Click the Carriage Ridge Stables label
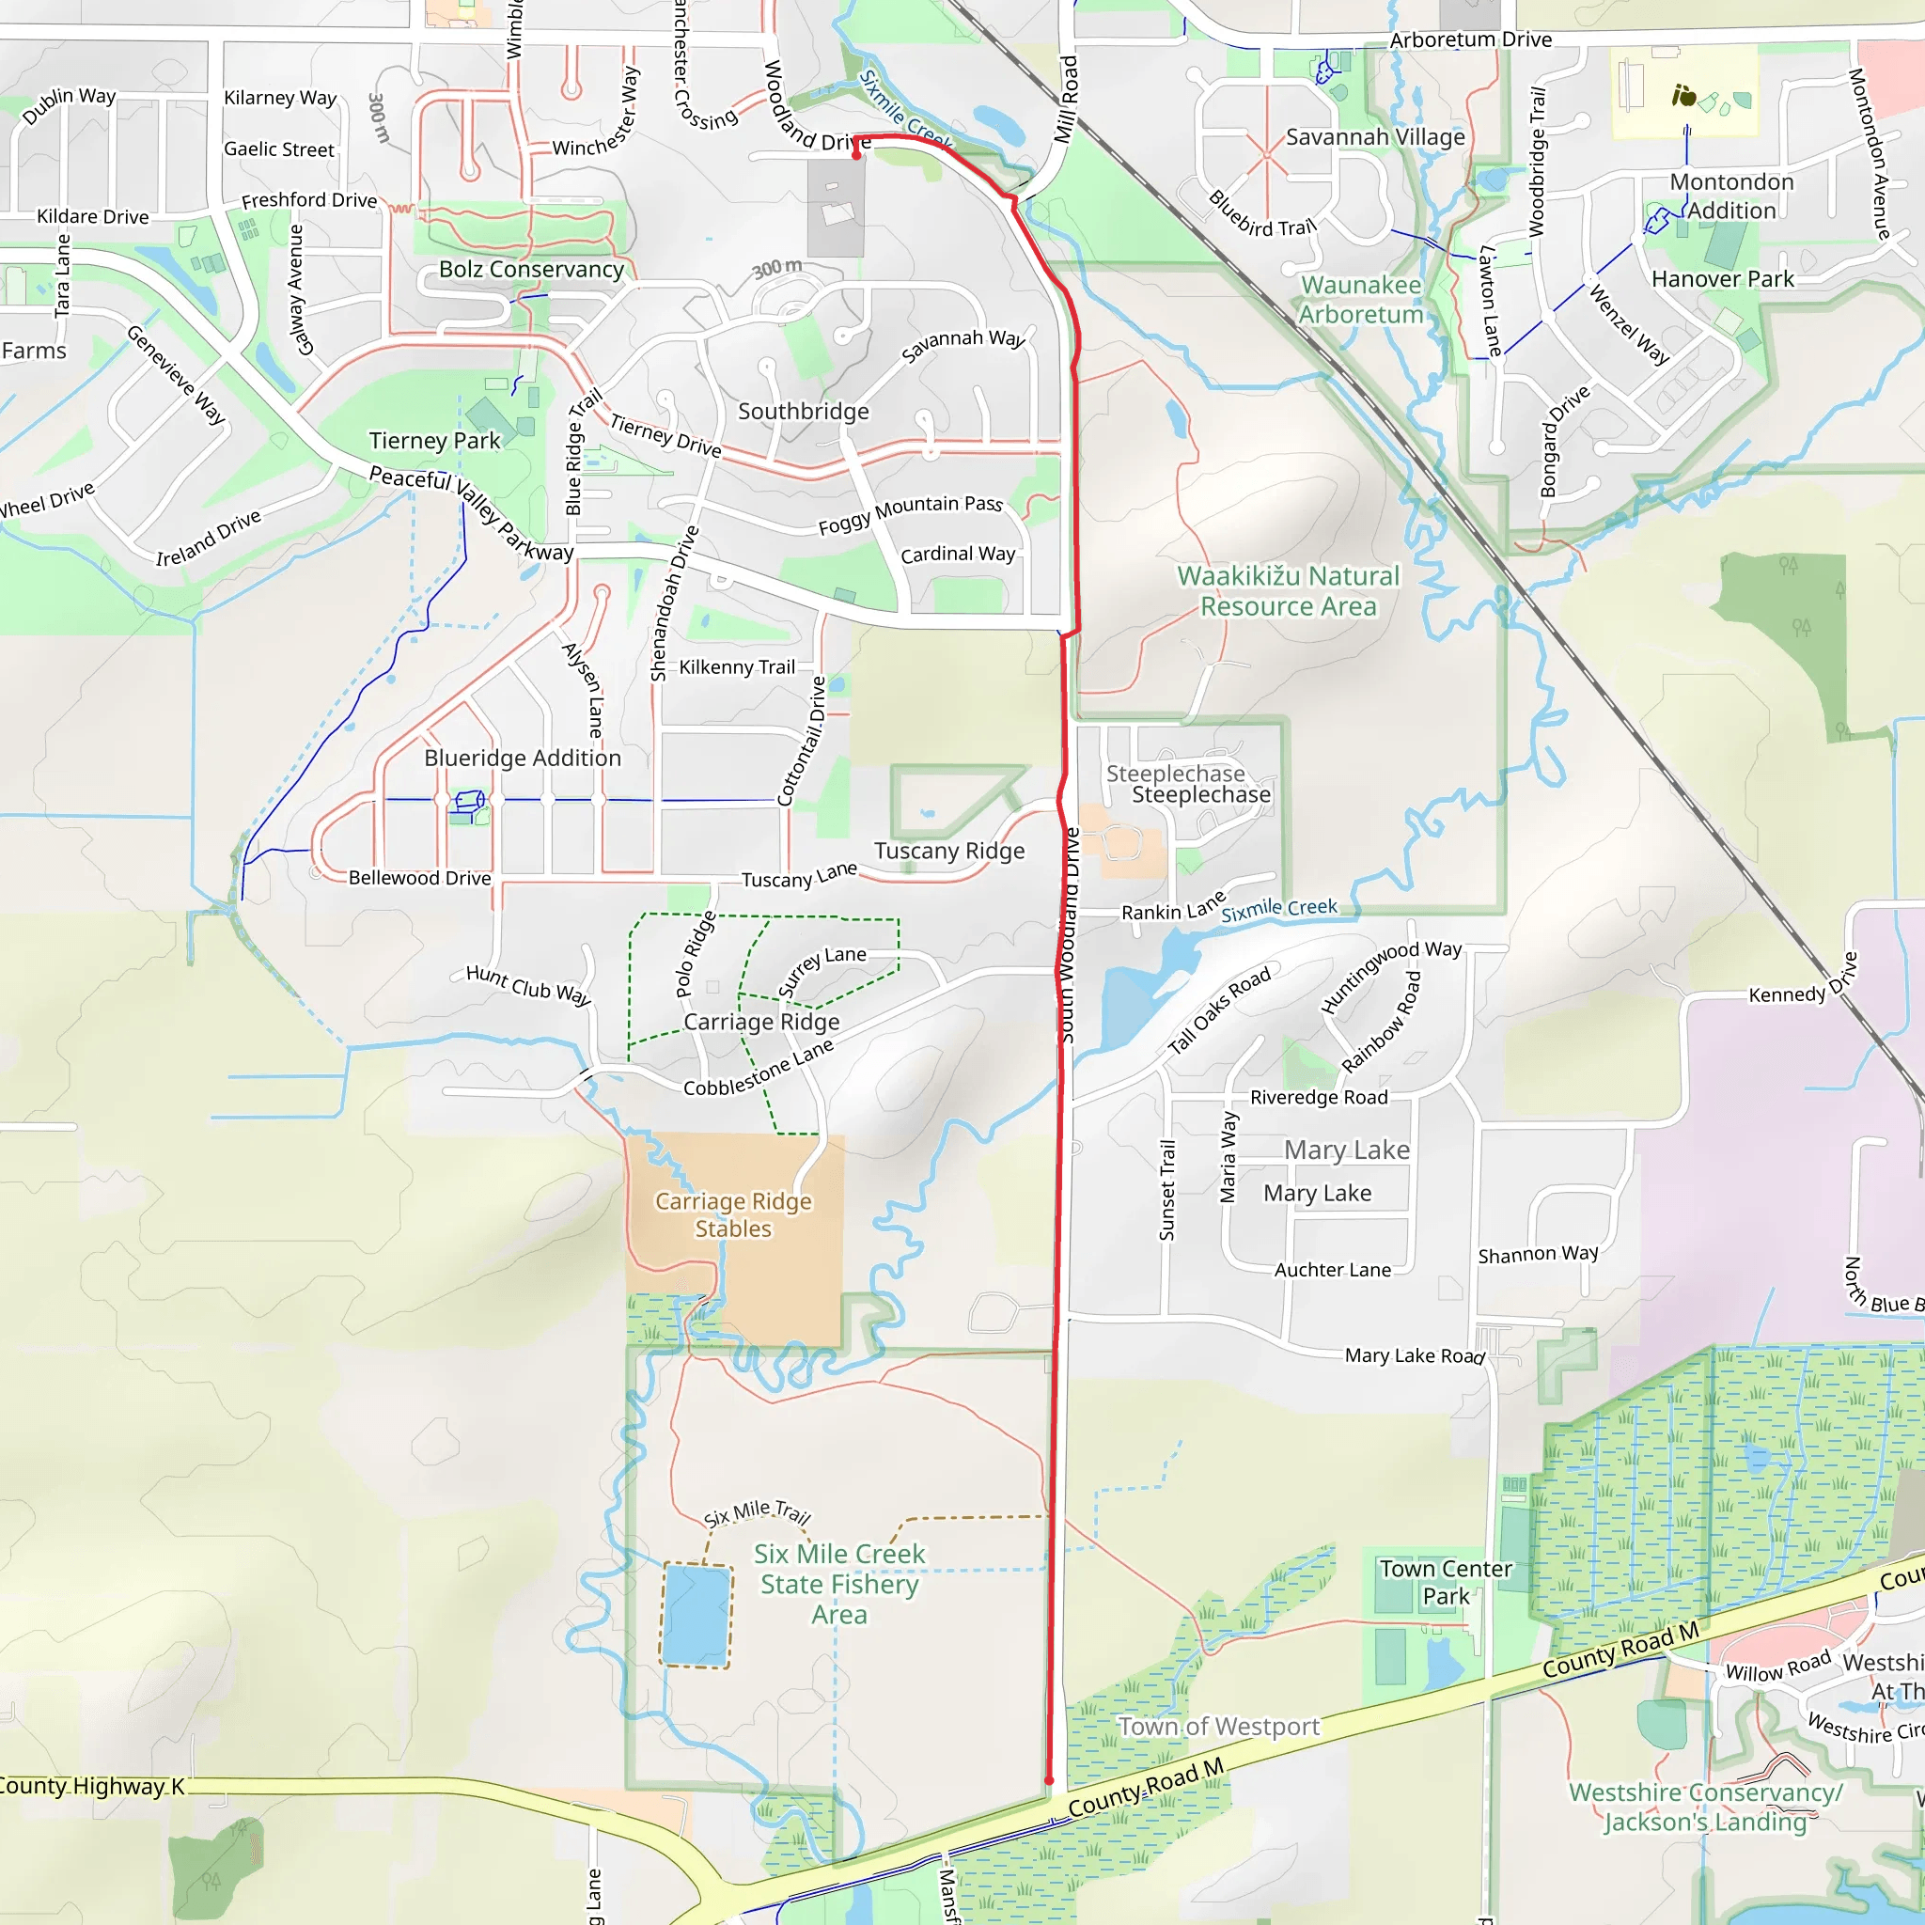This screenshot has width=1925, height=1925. point(733,1214)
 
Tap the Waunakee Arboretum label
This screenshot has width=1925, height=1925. point(1361,300)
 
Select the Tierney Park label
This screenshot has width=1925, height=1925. point(434,441)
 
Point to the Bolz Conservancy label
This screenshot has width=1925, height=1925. point(531,269)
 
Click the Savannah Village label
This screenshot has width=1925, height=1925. point(1375,136)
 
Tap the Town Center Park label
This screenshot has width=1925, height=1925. point(1445,1582)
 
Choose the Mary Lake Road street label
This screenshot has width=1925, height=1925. point(1414,1355)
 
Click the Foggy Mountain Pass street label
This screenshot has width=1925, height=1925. point(910,514)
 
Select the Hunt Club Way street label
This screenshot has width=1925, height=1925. point(528,985)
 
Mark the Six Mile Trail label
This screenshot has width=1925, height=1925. point(758,1513)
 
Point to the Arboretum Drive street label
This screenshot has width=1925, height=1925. point(1471,39)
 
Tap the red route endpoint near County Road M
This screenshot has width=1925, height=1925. point(1049,1780)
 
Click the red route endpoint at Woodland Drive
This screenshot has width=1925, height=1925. point(856,154)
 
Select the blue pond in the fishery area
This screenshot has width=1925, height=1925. point(696,1615)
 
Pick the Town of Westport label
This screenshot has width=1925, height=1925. point(1218,1727)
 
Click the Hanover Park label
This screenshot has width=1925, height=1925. point(1723,279)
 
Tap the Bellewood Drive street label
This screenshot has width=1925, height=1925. point(419,878)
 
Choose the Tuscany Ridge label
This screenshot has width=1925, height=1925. point(949,851)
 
